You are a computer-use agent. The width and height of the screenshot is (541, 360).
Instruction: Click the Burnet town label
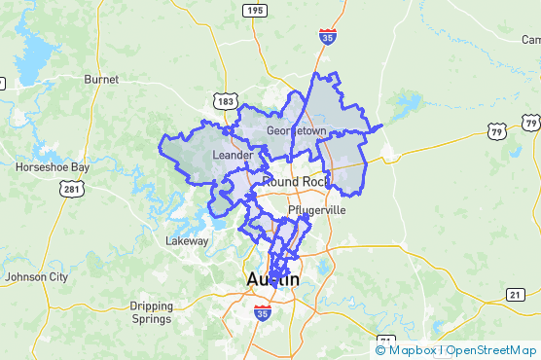(x=100, y=79)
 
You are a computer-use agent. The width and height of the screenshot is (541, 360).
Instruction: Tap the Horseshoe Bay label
(x=53, y=167)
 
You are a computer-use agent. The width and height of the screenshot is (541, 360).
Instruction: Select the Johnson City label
(x=36, y=277)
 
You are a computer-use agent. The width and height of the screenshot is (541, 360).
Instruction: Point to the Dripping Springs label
(x=152, y=312)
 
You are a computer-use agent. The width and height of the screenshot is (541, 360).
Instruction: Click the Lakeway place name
(x=187, y=240)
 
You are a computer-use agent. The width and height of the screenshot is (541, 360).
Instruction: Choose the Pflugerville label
(x=317, y=210)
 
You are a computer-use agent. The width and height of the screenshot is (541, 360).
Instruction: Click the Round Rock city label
(x=292, y=181)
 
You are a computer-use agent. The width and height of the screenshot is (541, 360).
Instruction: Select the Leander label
(x=233, y=154)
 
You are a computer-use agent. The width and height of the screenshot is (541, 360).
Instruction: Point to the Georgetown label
(x=296, y=129)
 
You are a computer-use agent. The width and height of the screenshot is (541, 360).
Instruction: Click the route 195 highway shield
(x=254, y=10)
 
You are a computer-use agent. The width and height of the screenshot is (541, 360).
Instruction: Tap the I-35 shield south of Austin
(x=262, y=313)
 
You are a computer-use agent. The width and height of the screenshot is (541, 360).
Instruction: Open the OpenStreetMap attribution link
(x=491, y=350)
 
